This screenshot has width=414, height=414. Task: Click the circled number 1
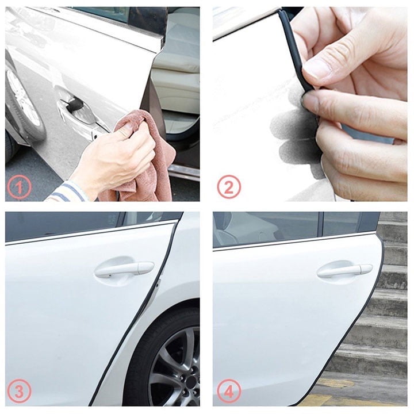tap(19, 187)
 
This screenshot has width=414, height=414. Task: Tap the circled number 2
tap(228, 187)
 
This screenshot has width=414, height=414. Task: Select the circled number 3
tap(19, 392)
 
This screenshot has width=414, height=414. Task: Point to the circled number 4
tap(228, 392)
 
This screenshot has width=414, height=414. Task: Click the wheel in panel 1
tap(22, 101)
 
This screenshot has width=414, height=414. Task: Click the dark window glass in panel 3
tap(63, 225)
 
